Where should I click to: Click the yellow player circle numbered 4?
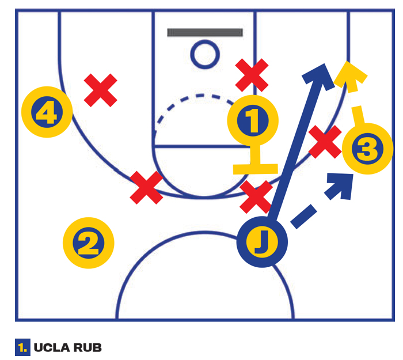[x=47, y=112]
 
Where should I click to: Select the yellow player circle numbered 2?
[x=89, y=243]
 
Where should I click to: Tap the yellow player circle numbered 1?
[x=253, y=120]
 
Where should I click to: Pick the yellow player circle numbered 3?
[x=367, y=149]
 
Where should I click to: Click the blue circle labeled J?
[x=262, y=242]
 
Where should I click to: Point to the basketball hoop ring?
[x=205, y=54]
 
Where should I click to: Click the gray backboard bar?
[x=205, y=33]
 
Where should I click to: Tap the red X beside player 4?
[x=101, y=90]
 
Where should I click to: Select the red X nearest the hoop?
[x=252, y=75]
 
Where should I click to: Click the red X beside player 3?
[x=325, y=142]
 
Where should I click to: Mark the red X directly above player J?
[x=256, y=197]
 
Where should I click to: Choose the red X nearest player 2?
[x=146, y=188]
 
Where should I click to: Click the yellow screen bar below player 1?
[x=256, y=169]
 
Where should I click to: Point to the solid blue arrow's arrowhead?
[x=319, y=76]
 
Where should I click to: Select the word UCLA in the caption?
[x=52, y=348]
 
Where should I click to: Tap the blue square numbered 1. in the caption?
[x=22, y=347]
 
